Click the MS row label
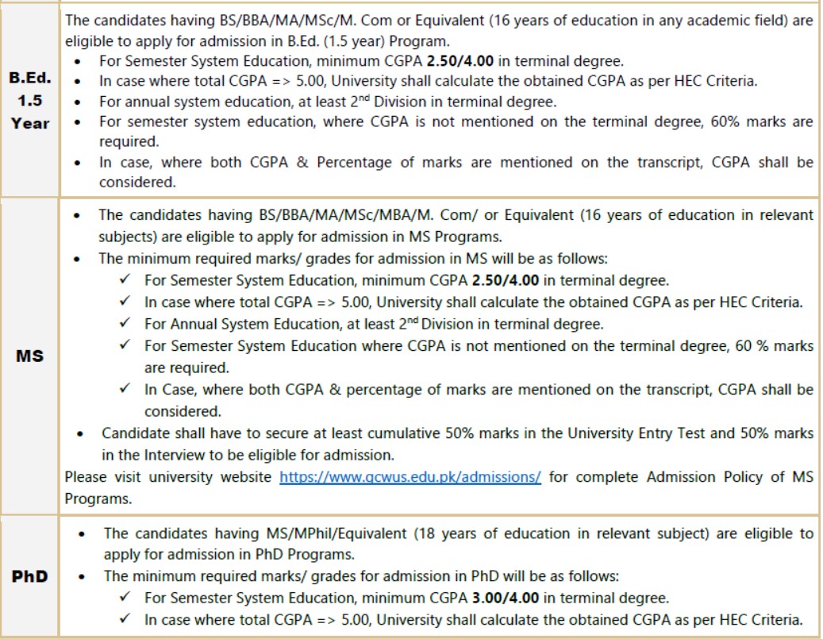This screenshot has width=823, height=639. coord(29,356)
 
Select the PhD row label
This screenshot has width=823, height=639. coord(29,575)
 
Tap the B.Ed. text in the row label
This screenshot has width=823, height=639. coord(29,79)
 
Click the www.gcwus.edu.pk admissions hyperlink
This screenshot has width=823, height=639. coord(410,477)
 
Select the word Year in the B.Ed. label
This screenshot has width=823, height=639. coord(30,123)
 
